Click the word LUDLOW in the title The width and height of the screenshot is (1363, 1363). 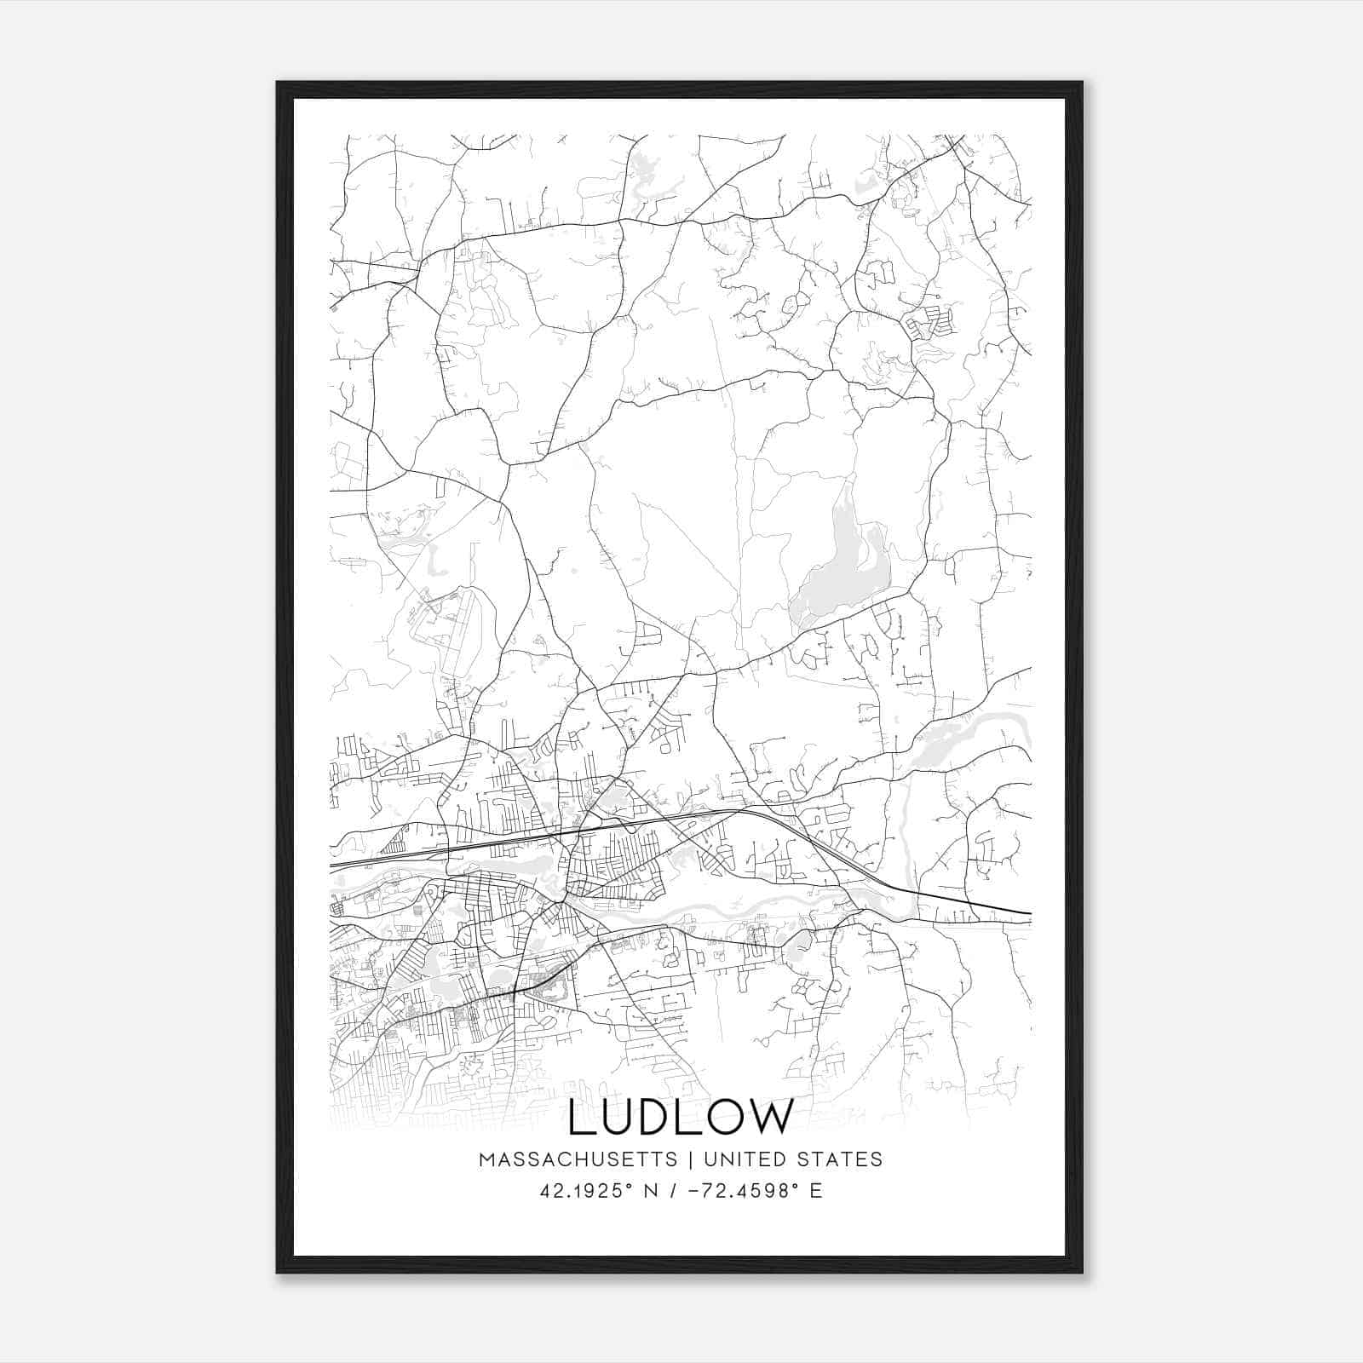(681, 1117)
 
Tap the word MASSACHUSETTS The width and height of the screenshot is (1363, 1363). (578, 1159)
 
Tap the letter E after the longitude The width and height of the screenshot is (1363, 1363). (816, 1191)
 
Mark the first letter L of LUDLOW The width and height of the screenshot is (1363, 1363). (579, 1117)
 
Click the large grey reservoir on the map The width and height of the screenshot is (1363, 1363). (839, 571)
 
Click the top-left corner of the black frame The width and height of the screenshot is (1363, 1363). (278, 83)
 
